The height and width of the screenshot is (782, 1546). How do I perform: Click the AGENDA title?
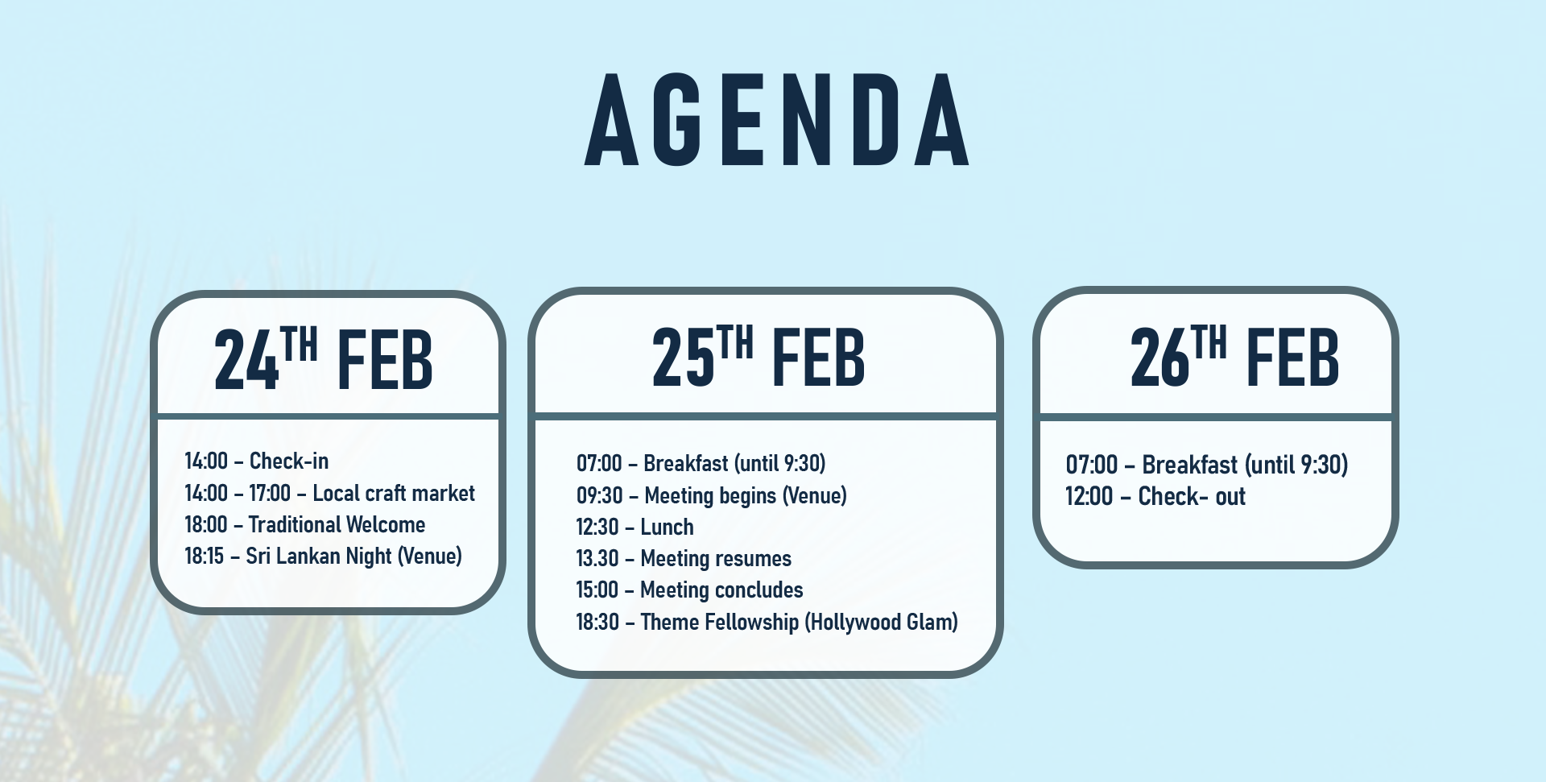(x=777, y=120)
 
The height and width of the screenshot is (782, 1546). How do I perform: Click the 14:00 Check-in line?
(x=257, y=461)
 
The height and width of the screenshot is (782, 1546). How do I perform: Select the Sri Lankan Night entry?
(x=324, y=557)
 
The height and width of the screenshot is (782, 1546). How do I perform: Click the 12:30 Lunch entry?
(x=635, y=527)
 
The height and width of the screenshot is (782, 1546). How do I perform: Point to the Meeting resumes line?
(x=684, y=558)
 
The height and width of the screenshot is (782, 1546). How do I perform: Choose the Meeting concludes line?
(x=689, y=590)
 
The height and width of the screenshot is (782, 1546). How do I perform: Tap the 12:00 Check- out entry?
(x=1155, y=496)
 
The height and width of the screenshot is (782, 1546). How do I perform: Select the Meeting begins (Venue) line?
(x=712, y=495)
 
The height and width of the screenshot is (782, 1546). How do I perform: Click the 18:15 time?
(x=205, y=557)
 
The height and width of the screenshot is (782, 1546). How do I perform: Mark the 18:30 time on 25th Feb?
(x=597, y=622)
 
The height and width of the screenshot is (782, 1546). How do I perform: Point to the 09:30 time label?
(x=600, y=495)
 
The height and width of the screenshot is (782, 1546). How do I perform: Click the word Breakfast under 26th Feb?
(x=1190, y=465)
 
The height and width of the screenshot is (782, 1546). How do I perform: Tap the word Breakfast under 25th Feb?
(x=686, y=463)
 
